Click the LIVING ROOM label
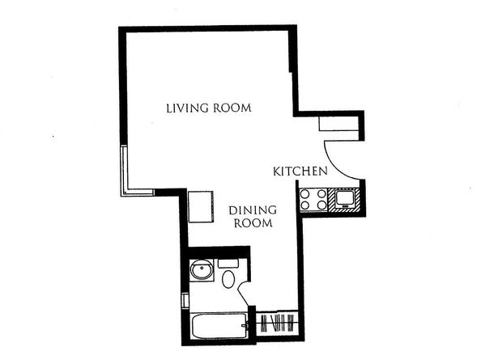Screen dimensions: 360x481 click(208, 108)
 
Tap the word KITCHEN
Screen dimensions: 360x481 click(300, 172)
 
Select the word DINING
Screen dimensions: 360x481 click(253, 208)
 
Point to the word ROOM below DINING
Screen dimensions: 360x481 click(253, 222)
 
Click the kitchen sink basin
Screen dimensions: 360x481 click(346, 197)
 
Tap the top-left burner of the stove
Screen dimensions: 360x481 click(307, 193)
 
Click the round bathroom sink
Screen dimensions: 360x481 click(199, 271)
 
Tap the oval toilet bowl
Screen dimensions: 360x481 click(228, 281)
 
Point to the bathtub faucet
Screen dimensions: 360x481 click(244, 327)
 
